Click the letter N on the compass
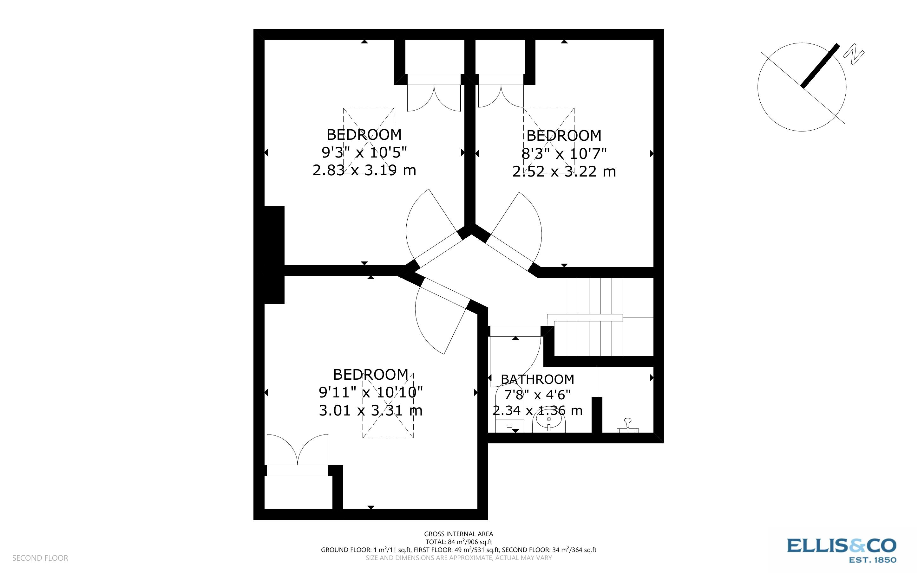tap(854, 55)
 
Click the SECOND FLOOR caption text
tap(40, 558)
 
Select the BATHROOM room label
tap(537, 379)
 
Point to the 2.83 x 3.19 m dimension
tap(364, 170)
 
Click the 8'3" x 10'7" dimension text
tap(564, 153)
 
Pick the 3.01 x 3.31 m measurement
tap(370, 410)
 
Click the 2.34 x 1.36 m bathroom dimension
tap(537, 410)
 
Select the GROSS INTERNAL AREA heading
tap(458, 534)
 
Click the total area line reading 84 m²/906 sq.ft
tap(458, 542)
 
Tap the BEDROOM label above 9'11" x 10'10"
tap(370, 375)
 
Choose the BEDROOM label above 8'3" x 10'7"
tap(564, 136)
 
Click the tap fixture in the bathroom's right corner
tap(627, 425)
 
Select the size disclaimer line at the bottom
tap(458, 558)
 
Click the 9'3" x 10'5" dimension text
tap(364, 152)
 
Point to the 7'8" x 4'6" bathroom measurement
tap(537, 395)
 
